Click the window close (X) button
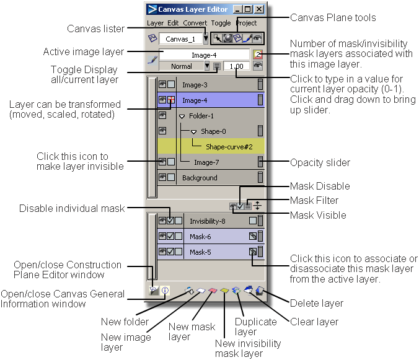pyautogui.click(x=259, y=9)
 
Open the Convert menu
pyautogui.click(x=195, y=23)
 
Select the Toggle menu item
pyautogui.click(x=221, y=23)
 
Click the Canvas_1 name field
pyautogui.click(x=180, y=39)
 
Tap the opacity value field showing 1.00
pyautogui.click(x=237, y=66)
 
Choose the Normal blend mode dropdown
pyautogui.click(x=184, y=66)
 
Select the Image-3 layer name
pyautogui.click(x=195, y=85)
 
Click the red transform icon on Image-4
pyautogui.click(x=171, y=100)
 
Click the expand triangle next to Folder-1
pyautogui.click(x=182, y=116)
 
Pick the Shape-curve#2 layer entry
pyautogui.click(x=229, y=147)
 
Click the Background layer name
pyautogui.click(x=200, y=178)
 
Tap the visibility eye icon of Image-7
pyautogui.click(x=162, y=162)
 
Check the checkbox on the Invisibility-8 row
pyautogui.click(x=170, y=221)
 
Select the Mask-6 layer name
pyautogui.click(x=200, y=237)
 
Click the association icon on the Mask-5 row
pyautogui.click(x=252, y=252)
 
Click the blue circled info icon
pyautogui.click(x=165, y=291)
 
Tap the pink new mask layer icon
pyautogui.click(x=213, y=291)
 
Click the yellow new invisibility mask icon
pyautogui.click(x=224, y=291)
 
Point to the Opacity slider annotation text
pyautogui.click(x=320, y=162)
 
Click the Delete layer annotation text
pyautogui.click(x=316, y=304)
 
